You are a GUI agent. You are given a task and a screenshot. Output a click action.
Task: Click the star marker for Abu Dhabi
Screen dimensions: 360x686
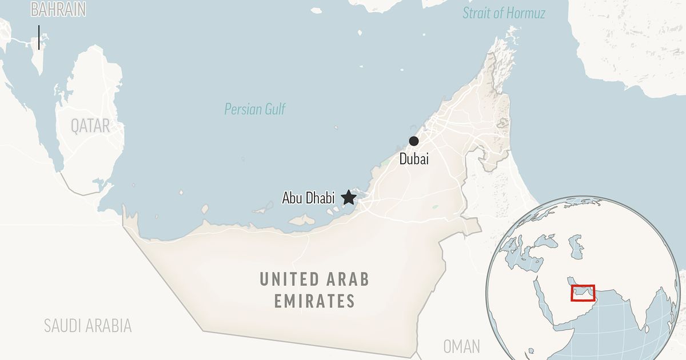click(348, 198)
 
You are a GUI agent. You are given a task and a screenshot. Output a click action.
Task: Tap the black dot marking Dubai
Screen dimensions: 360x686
click(414, 141)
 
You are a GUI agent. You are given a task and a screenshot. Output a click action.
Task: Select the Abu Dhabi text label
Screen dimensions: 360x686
click(308, 198)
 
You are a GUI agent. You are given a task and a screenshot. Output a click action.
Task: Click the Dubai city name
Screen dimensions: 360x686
click(414, 159)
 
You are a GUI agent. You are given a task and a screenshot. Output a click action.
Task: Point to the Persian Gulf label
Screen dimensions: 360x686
click(254, 109)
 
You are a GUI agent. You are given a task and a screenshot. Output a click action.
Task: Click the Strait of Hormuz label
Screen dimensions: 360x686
click(504, 13)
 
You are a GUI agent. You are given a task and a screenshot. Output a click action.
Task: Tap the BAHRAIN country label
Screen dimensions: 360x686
click(58, 10)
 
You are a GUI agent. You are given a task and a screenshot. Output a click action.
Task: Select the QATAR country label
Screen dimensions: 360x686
click(90, 126)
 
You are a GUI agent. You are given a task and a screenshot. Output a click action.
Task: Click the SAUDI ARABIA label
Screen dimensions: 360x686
click(88, 326)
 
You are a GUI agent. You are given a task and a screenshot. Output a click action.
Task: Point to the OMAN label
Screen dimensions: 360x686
click(461, 346)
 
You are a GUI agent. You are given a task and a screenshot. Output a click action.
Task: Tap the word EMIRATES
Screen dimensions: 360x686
click(314, 301)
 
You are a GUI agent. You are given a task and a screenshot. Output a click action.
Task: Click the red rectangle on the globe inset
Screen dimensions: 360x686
click(583, 293)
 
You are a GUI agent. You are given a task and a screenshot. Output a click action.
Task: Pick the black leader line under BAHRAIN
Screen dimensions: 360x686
click(39, 37)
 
